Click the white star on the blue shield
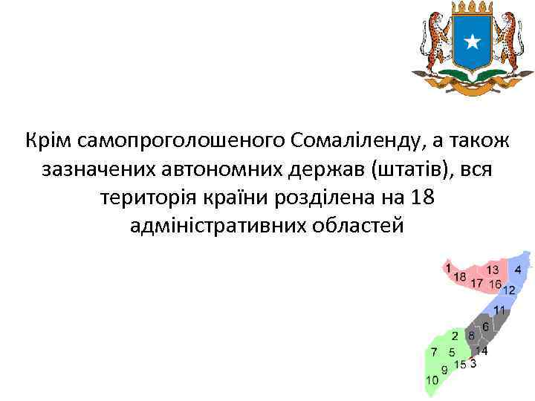pos(472,42)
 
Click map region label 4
pos(518,270)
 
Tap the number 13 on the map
pos(493,270)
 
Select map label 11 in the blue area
pos(499,310)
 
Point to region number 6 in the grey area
pos(485,327)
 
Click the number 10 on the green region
pos(432,379)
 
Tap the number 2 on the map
pos(455,336)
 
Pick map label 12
pos(510,290)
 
